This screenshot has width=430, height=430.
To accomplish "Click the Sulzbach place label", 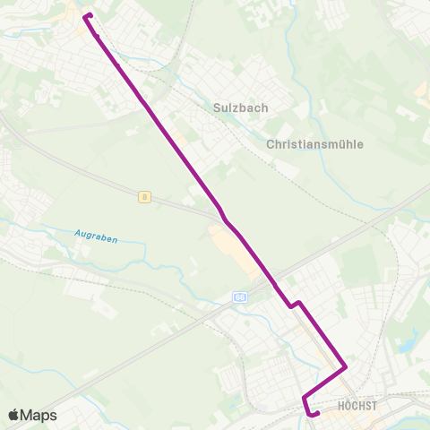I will (241, 107).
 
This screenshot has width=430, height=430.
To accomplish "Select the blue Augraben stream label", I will (96, 237).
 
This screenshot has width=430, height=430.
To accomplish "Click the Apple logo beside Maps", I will (13, 415).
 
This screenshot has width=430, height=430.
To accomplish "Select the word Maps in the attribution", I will (39, 415).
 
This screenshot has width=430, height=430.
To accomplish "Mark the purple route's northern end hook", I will (85, 16).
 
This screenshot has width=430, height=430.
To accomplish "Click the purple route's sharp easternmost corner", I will (346, 366).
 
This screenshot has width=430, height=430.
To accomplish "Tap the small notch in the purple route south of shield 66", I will (294, 305).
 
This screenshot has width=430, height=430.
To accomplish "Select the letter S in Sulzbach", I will (217, 107).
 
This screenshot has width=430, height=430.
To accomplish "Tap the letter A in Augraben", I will (77, 236).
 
